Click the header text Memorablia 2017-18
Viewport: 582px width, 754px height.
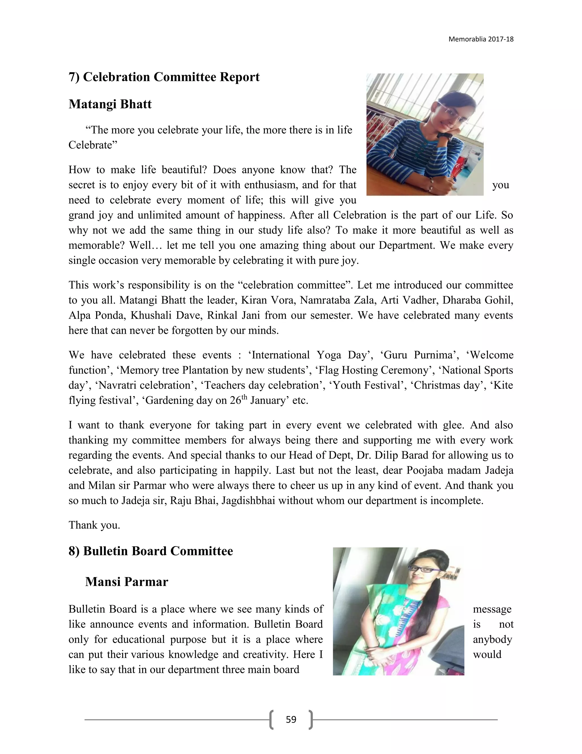click(x=481, y=39)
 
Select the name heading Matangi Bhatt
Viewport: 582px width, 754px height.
click(x=110, y=104)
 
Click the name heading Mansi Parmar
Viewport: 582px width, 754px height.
click(x=126, y=582)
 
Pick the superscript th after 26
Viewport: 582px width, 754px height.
click(x=244, y=397)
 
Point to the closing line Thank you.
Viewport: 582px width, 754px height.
click(x=94, y=525)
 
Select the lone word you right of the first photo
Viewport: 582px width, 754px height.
click(x=501, y=185)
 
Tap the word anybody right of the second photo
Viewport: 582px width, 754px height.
click(x=492, y=639)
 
